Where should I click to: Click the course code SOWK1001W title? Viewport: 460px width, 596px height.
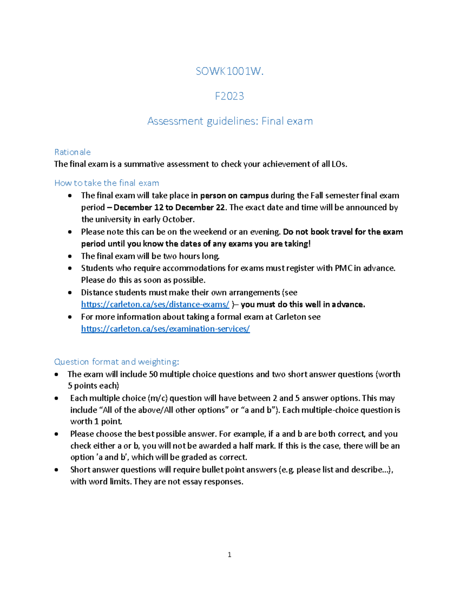tap(229, 71)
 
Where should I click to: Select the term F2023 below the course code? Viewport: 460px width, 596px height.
tap(229, 96)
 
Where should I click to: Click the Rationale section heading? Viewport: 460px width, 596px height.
tap(72, 152)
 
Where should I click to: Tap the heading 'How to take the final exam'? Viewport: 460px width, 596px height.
tap(107, 183)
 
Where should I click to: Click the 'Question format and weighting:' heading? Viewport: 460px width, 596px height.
tap(117, 362)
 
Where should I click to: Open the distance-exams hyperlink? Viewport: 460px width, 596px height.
tap(155, 304)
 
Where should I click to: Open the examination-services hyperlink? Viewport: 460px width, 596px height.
tap(165, 329)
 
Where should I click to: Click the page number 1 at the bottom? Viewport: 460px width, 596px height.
tap(229, 555)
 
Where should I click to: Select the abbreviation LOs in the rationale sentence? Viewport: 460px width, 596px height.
tap(339, 164)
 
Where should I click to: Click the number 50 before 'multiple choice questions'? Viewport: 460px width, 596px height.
tap(153, 374)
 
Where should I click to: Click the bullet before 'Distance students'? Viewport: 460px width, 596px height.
tap(70, 292)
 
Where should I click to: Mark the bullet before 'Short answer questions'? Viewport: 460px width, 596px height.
tap(56, 470)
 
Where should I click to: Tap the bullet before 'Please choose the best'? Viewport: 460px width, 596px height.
tap(56, 434)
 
